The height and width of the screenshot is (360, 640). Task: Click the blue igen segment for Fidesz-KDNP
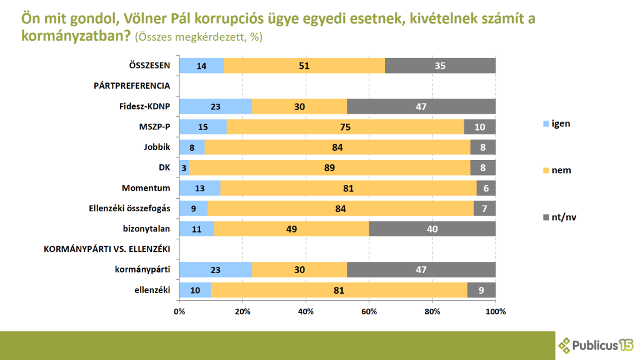point(215,106)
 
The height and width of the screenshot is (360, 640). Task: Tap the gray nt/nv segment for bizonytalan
point(432,229)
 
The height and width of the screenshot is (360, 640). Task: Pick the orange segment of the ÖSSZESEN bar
point(304,66)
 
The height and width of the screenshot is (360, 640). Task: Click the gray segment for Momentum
point(486,187)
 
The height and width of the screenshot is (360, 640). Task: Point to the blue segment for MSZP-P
point(202,127)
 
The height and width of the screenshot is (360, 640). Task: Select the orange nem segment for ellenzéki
point(339,290)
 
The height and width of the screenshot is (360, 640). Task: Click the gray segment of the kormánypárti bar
point(421,269)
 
